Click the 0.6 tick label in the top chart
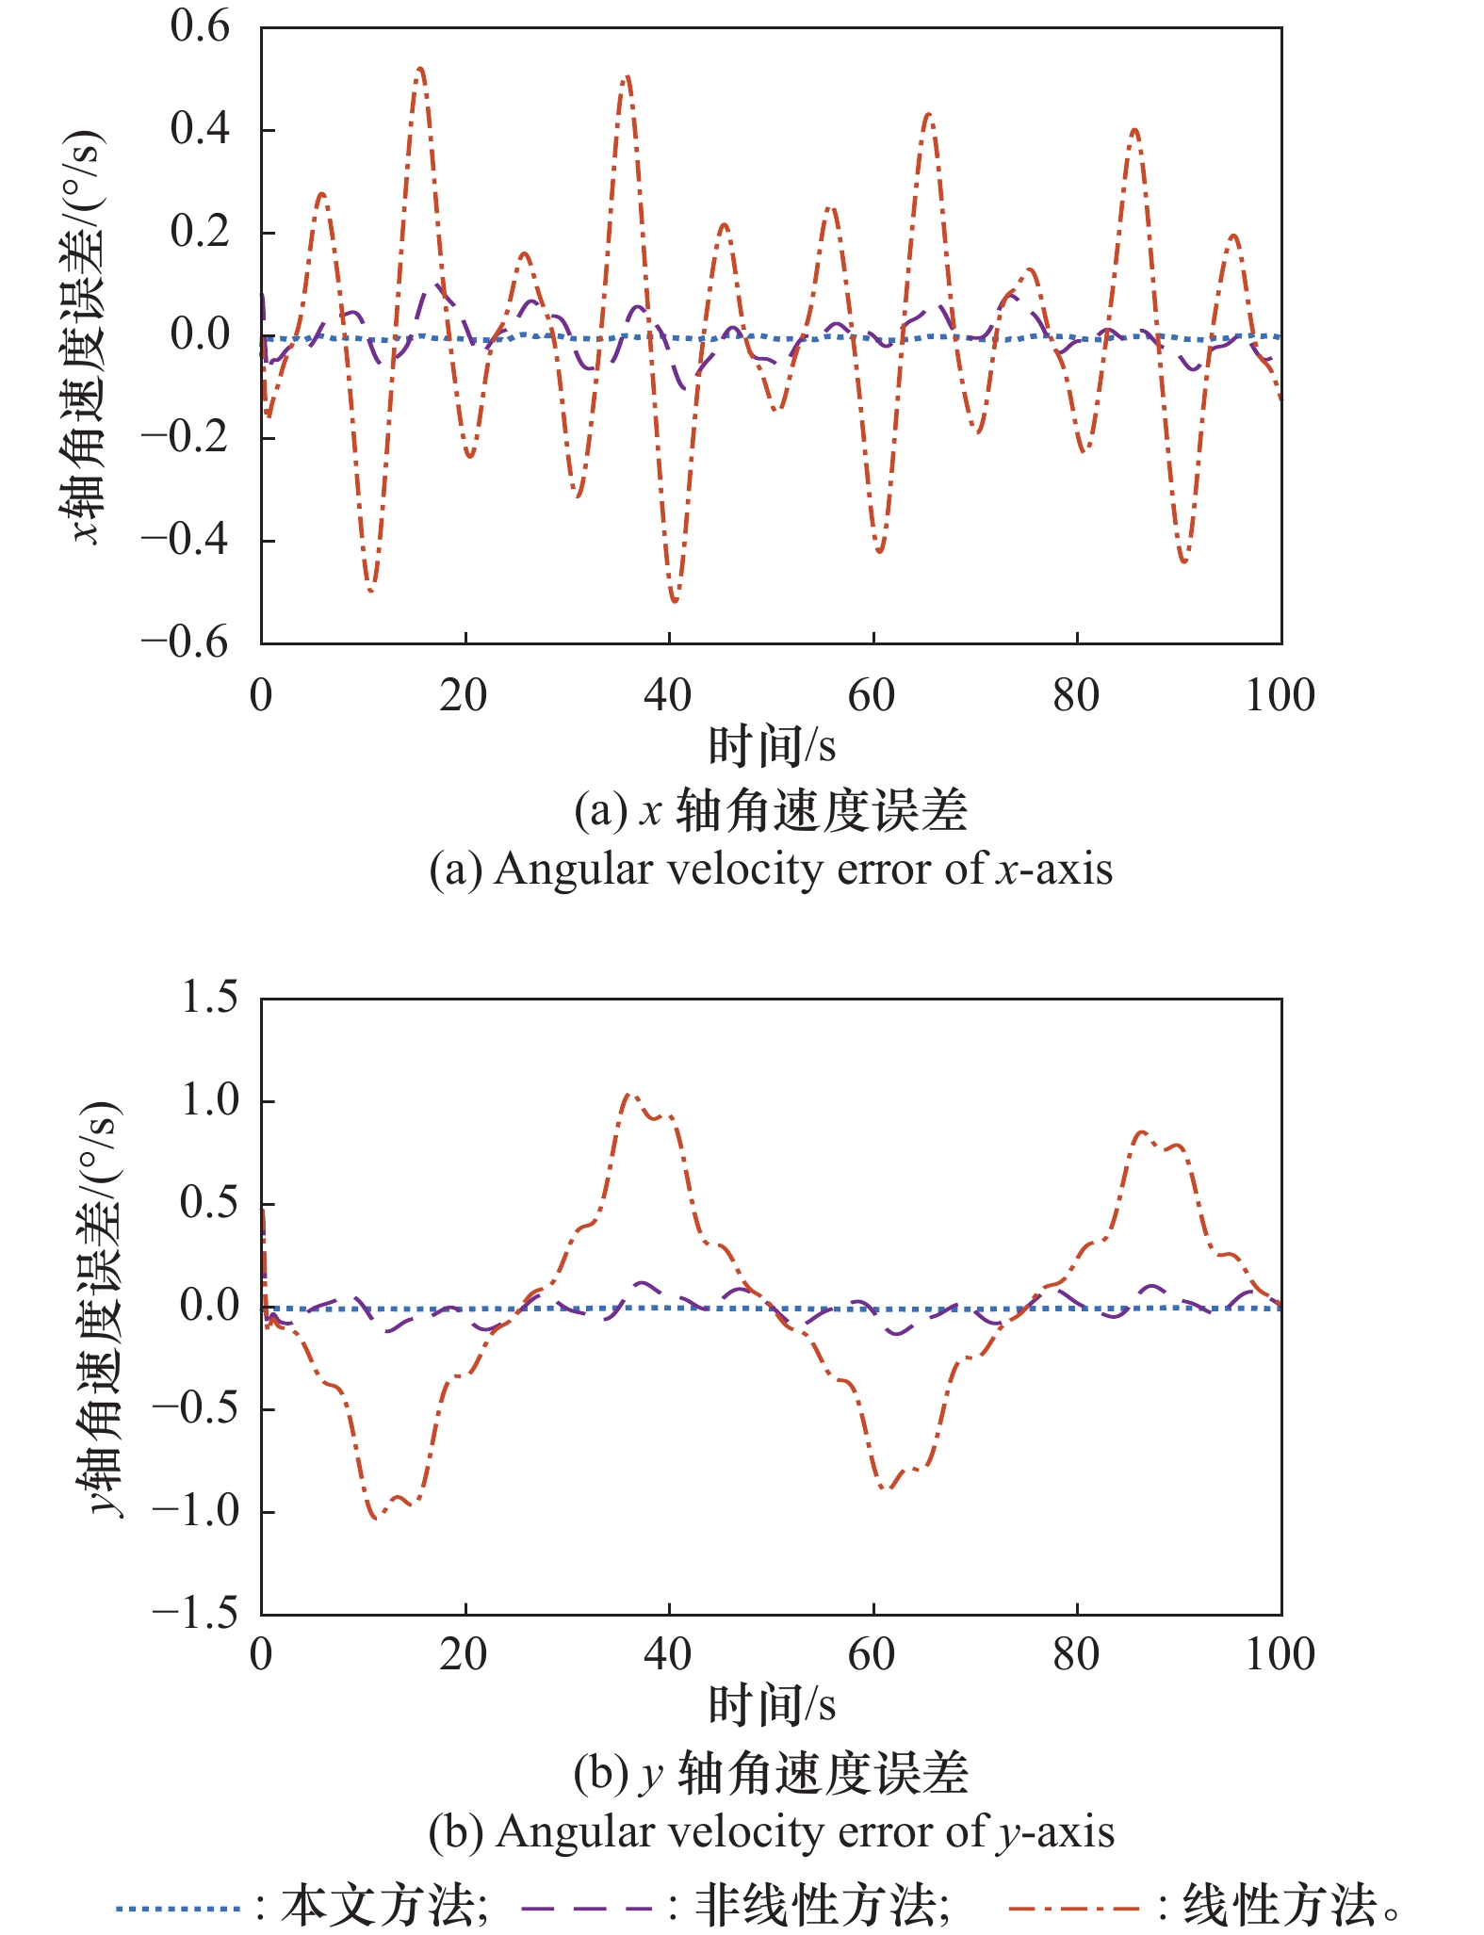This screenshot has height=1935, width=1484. pos(199,28)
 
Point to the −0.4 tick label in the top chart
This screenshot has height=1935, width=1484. pos(185,541)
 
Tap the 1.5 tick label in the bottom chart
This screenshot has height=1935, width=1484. pos(209,998)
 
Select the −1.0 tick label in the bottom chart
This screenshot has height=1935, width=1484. pos(195,1511)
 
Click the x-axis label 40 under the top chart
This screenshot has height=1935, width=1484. pos(667,696)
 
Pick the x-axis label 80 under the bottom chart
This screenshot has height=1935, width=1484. pos(1076,1655)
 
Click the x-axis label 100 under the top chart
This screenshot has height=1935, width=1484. pos(1280,696)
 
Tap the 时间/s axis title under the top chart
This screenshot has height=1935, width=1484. pos(772,746)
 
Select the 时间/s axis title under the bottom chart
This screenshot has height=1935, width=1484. pos(772,1705)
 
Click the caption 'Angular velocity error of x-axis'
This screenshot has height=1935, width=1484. pos(771,869)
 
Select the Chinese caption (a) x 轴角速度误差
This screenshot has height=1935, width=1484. pos(771,811)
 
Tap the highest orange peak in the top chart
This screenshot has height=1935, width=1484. pos(420,69)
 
